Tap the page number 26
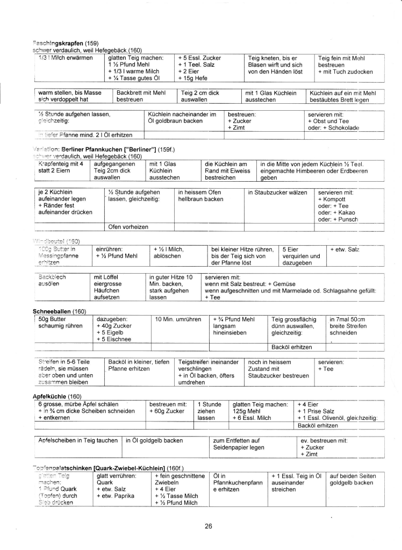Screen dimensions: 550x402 pyautogui.click(x=208, y=526)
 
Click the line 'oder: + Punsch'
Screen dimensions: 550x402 pyautogui.click(x=338, y=219)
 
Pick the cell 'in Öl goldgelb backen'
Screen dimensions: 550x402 pyautogui.click(x=154, y=441)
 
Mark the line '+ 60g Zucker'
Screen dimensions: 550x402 pyautogui.click(x=167, y=411)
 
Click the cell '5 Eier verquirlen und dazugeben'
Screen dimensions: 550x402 pyautogui.click(x=301, y=256)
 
